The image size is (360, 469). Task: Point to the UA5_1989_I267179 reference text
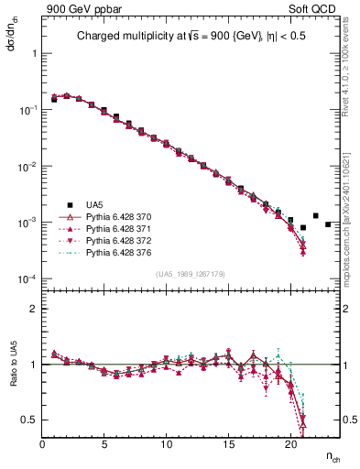tap(191, 273)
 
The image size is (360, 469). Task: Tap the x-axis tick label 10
tap(166, 444)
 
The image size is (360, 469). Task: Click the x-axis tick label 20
tap(290, 444)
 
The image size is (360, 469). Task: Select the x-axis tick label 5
tap(104, 444)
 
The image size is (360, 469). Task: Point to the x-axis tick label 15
tap(228, 444)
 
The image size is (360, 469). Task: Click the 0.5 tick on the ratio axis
tap(29, 420)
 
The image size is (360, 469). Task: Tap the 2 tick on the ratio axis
tap(33, 309)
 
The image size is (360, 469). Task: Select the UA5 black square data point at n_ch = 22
tap(315, 216)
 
